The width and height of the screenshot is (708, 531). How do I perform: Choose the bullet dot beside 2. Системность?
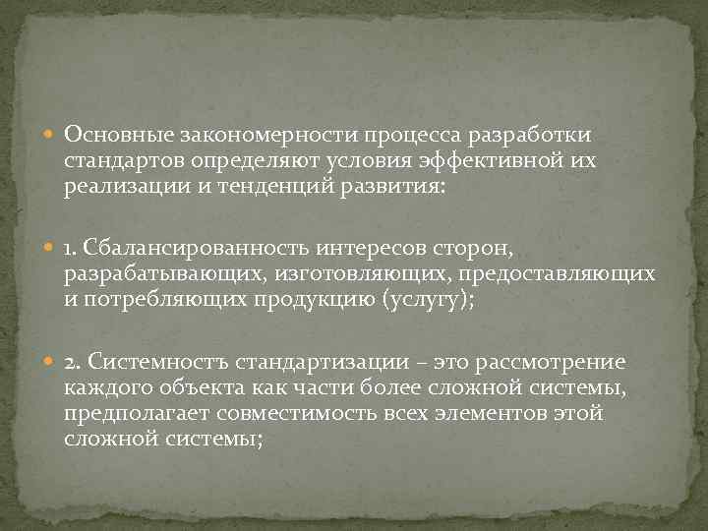point(51,365)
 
